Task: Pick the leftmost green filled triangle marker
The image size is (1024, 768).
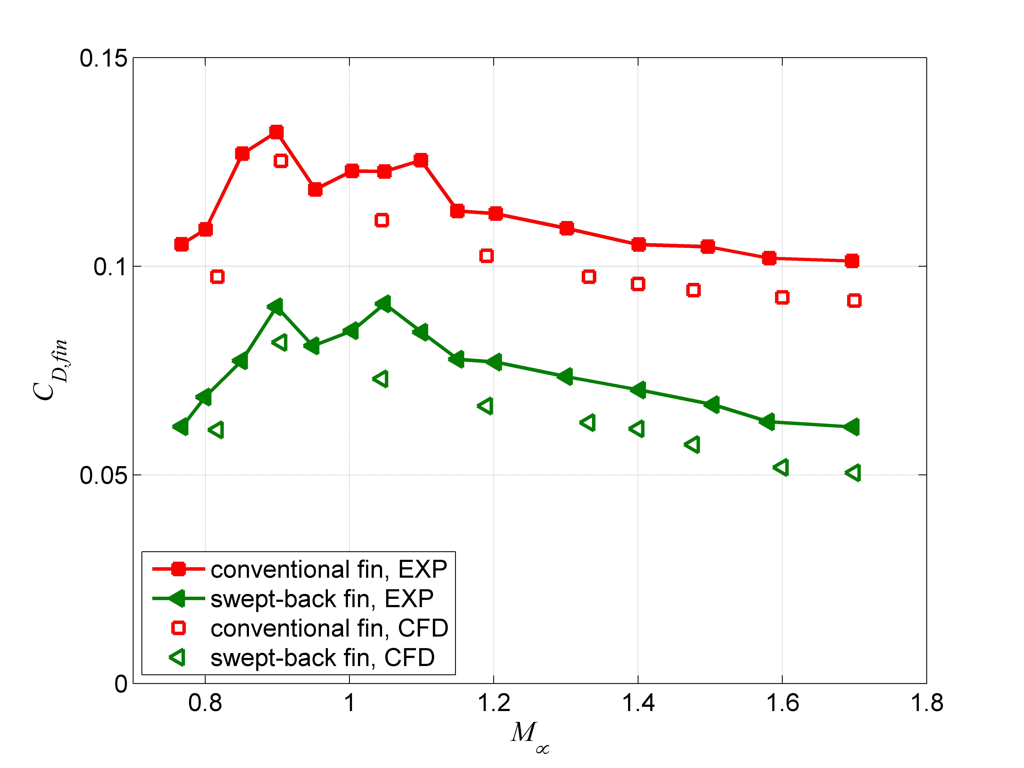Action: tap(181, 427)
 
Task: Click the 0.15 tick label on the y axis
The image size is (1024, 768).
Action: tap(103, 59)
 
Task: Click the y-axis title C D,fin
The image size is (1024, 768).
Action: tap(50, 370)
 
